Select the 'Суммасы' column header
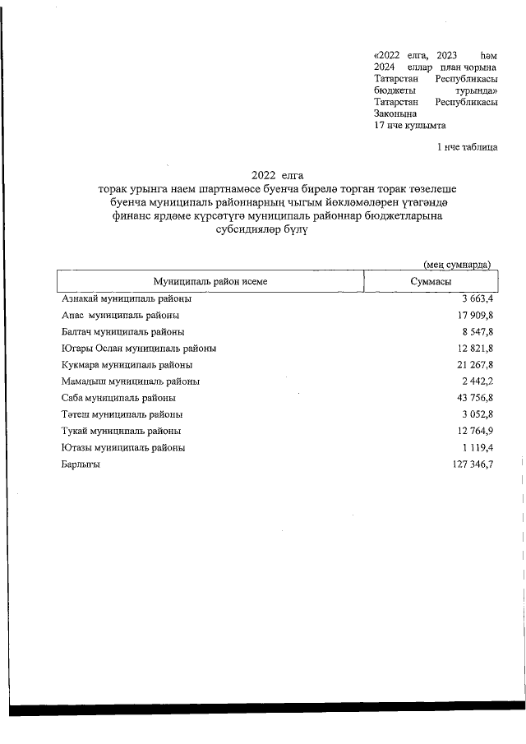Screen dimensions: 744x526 click(x=430, y=281)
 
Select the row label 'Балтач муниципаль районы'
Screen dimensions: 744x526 click(x=122, y=331)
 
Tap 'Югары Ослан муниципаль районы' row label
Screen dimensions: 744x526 click(x=138, y=348)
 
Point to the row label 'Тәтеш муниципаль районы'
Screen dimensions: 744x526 click(x=122, y=414)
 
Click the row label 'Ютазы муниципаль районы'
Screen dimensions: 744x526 click(x=123, y=448)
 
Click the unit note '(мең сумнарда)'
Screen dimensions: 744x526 click(x=457, y=265)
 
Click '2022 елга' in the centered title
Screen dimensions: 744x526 click(x=278, y=174)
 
